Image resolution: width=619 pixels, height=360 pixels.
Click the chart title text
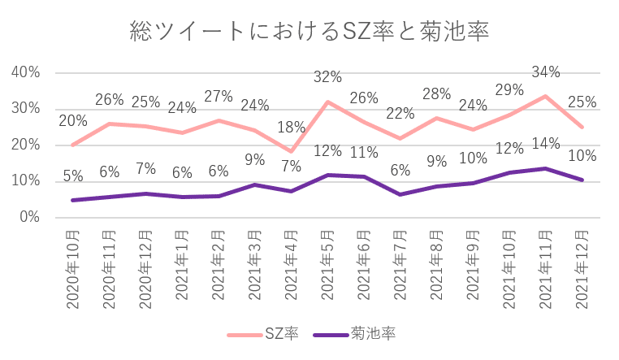309,32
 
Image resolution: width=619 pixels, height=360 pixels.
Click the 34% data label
546,72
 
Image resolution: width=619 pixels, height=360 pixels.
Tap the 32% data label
327,77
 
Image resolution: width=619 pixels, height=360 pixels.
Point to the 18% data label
291,127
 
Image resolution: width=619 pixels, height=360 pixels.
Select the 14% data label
546,144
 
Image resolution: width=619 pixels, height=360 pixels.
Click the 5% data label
73,175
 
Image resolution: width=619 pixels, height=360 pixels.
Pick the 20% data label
73,121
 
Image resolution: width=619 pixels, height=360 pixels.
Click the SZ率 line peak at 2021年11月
546,96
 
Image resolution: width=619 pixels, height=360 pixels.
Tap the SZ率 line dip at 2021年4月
291,151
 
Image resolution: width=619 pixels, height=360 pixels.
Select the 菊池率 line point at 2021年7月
400,194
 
